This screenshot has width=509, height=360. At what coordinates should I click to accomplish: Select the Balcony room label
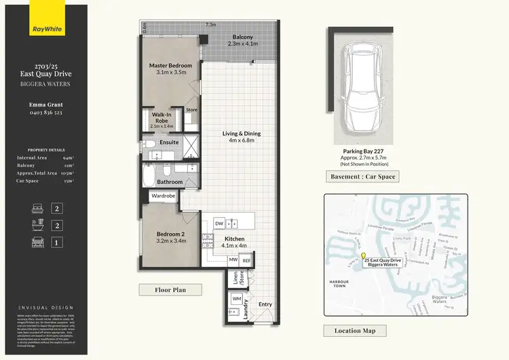[x=243, y=40]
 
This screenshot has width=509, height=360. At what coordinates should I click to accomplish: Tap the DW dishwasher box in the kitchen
[x=219, y=223]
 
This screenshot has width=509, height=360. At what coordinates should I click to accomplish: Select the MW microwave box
[x=233, y=259]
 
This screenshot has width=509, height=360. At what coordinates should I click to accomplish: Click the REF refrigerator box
[x=247, y=259]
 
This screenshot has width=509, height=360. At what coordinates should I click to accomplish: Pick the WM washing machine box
[x=237, y=298]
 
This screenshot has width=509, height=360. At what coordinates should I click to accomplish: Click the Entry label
[x=265, y=304]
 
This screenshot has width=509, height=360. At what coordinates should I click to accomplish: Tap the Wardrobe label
[x=164, y=196]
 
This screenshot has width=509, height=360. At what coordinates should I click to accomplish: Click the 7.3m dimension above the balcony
[x=211, y=24]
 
